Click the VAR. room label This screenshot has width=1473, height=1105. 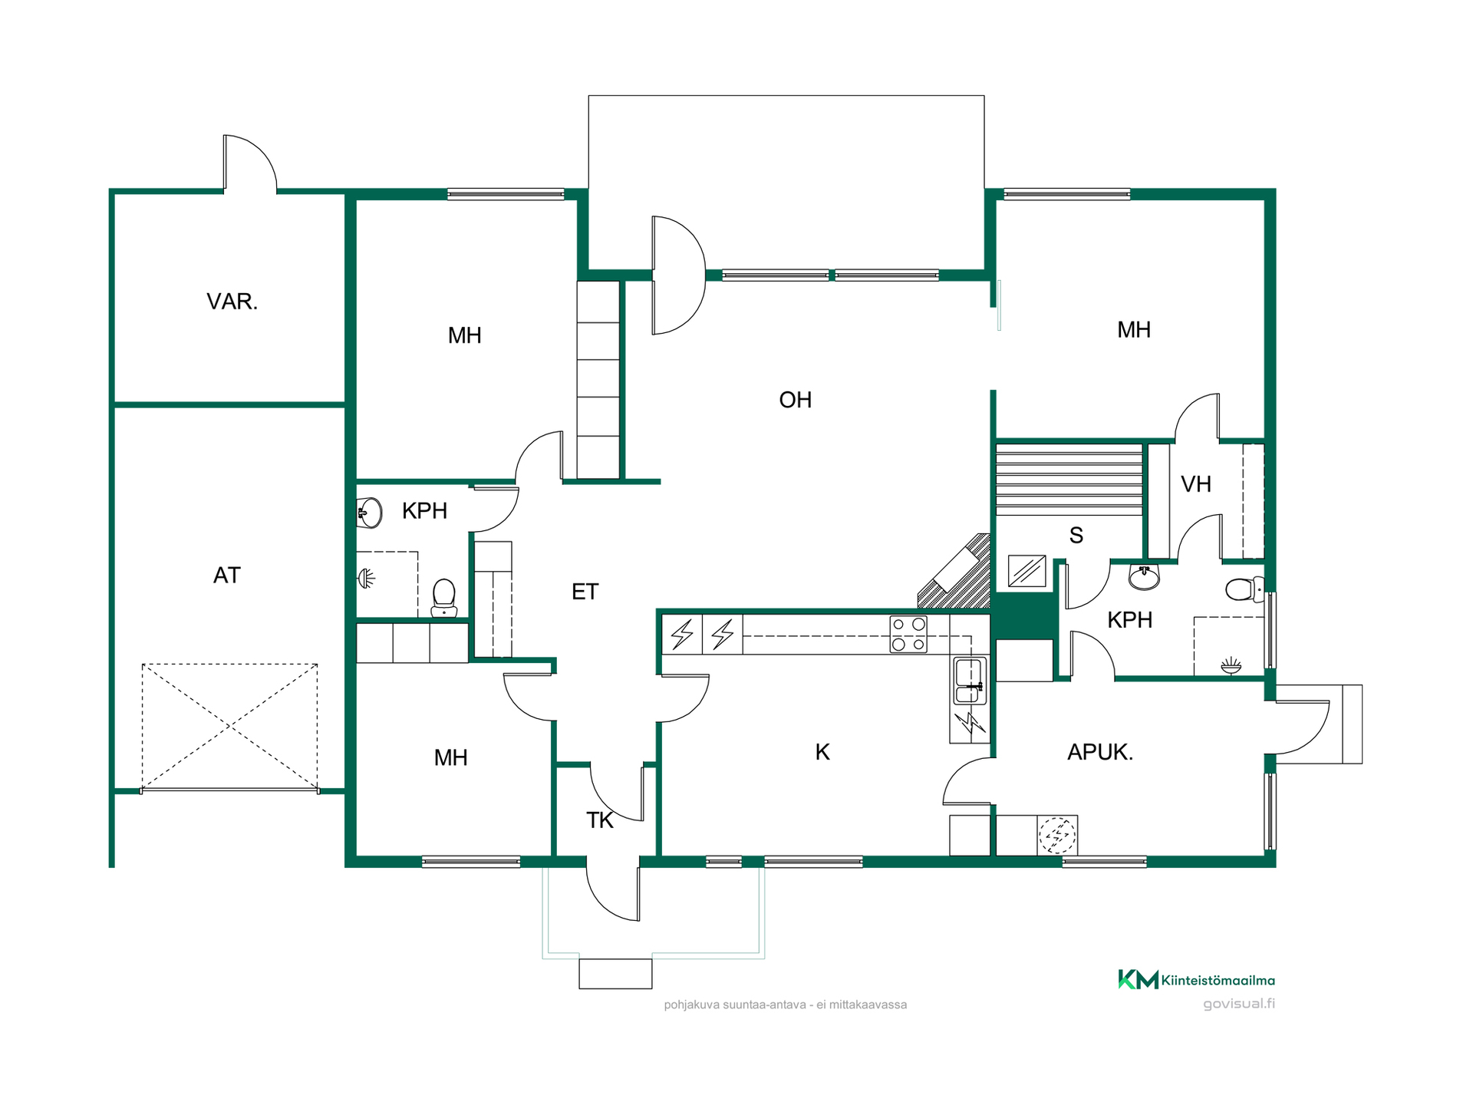coord(232,302)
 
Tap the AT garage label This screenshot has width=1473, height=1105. coord(227,576)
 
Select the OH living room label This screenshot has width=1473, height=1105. coord(795,400)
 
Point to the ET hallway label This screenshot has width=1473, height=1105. coord(585,592)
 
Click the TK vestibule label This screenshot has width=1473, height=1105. coord(600,820)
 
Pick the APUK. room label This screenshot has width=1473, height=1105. coord(1100,752)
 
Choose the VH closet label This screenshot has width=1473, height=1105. coord(1196,484)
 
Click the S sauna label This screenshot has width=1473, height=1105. coord(1076,536)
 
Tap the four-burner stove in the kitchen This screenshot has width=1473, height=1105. coord(908,634)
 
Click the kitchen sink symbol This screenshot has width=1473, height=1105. coord(970,681)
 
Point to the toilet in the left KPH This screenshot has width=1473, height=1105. coord(444,598)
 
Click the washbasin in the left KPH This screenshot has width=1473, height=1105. coord(369,513)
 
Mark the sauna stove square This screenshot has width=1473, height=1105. coord(1026,571)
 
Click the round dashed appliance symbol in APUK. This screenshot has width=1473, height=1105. coord(1057,836)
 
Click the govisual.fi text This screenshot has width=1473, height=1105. coord(1238,1004)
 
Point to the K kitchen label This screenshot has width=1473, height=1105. coord(822,752)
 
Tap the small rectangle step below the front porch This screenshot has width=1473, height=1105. coord(615,974)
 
